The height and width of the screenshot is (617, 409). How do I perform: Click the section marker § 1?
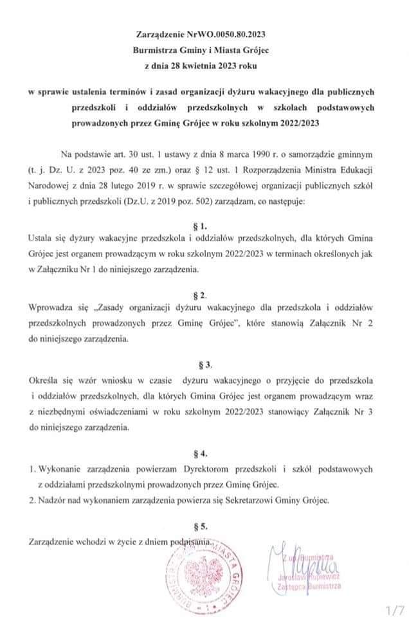point(201,226)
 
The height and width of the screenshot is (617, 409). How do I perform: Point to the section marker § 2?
point(201,295)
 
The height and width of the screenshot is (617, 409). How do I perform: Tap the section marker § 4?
point(201,452)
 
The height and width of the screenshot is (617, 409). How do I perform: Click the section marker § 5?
point(201,526)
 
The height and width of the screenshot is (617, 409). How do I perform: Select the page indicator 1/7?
point(393,607)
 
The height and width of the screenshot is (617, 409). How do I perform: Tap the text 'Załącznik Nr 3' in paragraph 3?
point(361,412)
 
